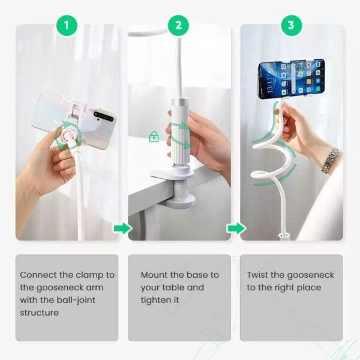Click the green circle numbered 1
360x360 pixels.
[x=67, y=25]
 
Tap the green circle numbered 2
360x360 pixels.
[x=178, y=25]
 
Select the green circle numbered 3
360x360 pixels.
[x=291, y=25]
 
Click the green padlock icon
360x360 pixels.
[x=154, y=137]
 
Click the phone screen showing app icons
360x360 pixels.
[x=291, y=78]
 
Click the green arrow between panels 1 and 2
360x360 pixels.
[x=122, y=229]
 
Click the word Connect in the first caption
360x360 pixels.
[x=37, y=275]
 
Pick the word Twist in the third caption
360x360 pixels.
[x=258, y=275]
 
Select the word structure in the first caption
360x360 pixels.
[x=39, y=313]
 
